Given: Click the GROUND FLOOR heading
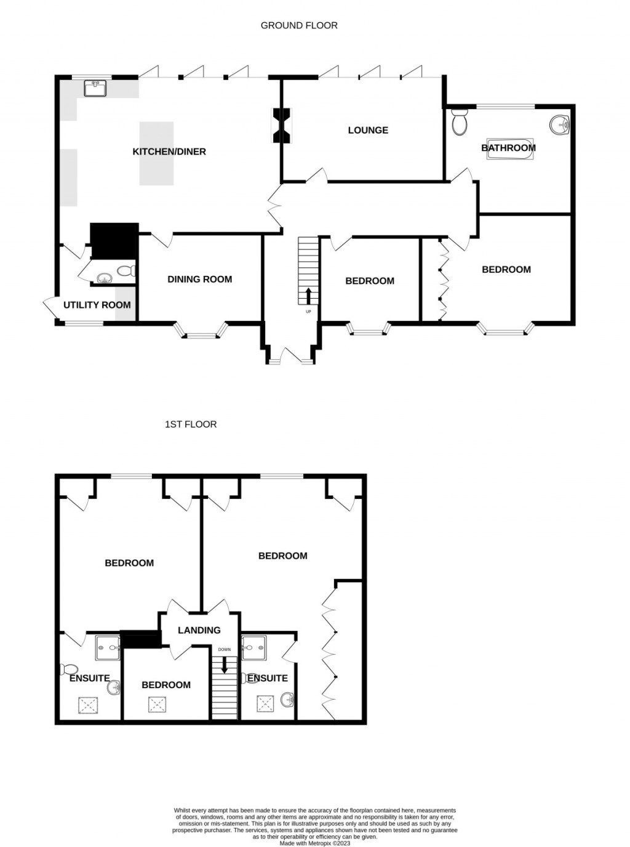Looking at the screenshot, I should [x=299, y=25].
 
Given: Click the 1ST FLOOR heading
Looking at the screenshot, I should [x=191, y=424].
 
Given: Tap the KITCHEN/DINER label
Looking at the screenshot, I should [x=169, y=152].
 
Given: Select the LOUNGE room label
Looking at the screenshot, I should [x=368, y=130].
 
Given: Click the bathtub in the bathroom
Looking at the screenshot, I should [x=508, y=148].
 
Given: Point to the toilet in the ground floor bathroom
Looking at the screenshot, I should [x=459, y=122].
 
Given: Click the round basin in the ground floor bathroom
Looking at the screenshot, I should [x=560, y=125].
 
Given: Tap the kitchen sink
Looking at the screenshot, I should [x=95, y=88].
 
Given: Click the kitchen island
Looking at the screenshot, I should [x=156, y=153].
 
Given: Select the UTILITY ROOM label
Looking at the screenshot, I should [x=97, y=305].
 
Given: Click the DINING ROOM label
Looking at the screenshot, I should [x=200, y=279].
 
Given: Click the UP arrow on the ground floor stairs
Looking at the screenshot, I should [x=308, y=296].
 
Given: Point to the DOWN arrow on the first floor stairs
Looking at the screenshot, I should [x=225, y=664].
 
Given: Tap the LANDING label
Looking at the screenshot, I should [x=199, y=630].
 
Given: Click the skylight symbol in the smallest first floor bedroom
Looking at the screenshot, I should [x=157, y=705].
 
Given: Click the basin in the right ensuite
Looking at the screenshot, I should [x=287, y=700].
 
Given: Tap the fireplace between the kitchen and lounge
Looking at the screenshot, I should [x=282, y=125].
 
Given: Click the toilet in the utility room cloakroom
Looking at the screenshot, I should [x=126, y=270].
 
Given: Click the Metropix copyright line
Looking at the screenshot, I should [x=314, y=843].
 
